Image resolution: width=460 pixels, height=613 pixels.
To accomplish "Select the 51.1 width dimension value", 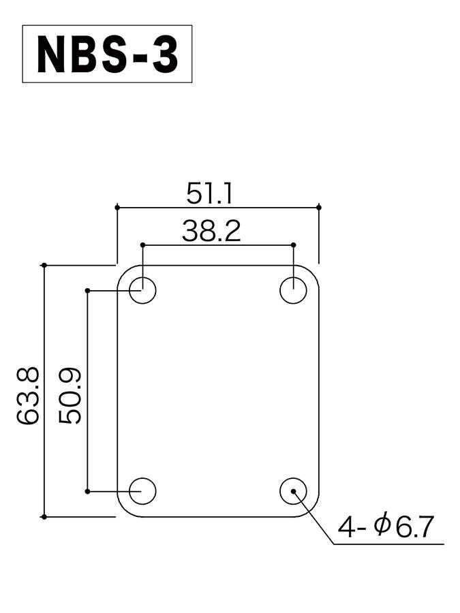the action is pos(209,194).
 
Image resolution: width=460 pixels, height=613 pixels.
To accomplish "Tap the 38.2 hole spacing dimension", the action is pos(211,231).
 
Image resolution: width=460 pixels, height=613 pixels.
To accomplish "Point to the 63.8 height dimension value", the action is pos(28,395).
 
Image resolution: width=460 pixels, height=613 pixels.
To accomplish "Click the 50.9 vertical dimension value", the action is pos(70,396).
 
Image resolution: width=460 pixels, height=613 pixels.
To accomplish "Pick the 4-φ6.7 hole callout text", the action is pos(386,526).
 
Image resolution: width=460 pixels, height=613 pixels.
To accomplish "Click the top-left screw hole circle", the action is pos(143,290).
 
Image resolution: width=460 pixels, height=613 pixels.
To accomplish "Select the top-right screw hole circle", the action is pos(293,290).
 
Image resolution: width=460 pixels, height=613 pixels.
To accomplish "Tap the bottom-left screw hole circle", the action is pos(143,491).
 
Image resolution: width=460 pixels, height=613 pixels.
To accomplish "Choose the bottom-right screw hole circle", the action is pos(293,491).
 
